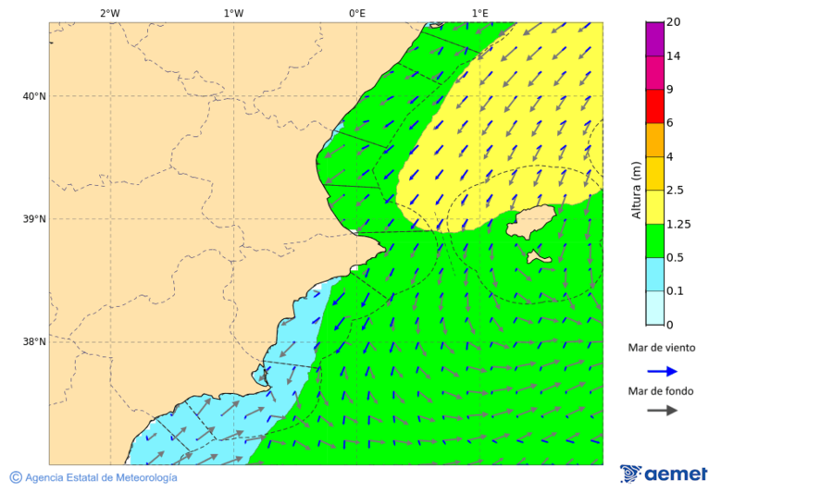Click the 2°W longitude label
tap(109, 13)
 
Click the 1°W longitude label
tap(233, 13)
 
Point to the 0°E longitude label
tap(356, 13)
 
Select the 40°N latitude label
tap(33, 96)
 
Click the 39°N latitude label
tap(33, 219)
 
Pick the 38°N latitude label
tap(33, 342)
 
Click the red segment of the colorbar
tap(654, 105)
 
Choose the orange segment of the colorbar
tap(654, 140)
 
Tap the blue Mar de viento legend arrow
tap(662, 371)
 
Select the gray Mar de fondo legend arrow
tap(662, 411)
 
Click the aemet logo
tap(664, 474)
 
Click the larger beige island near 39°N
tap(532, 222)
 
